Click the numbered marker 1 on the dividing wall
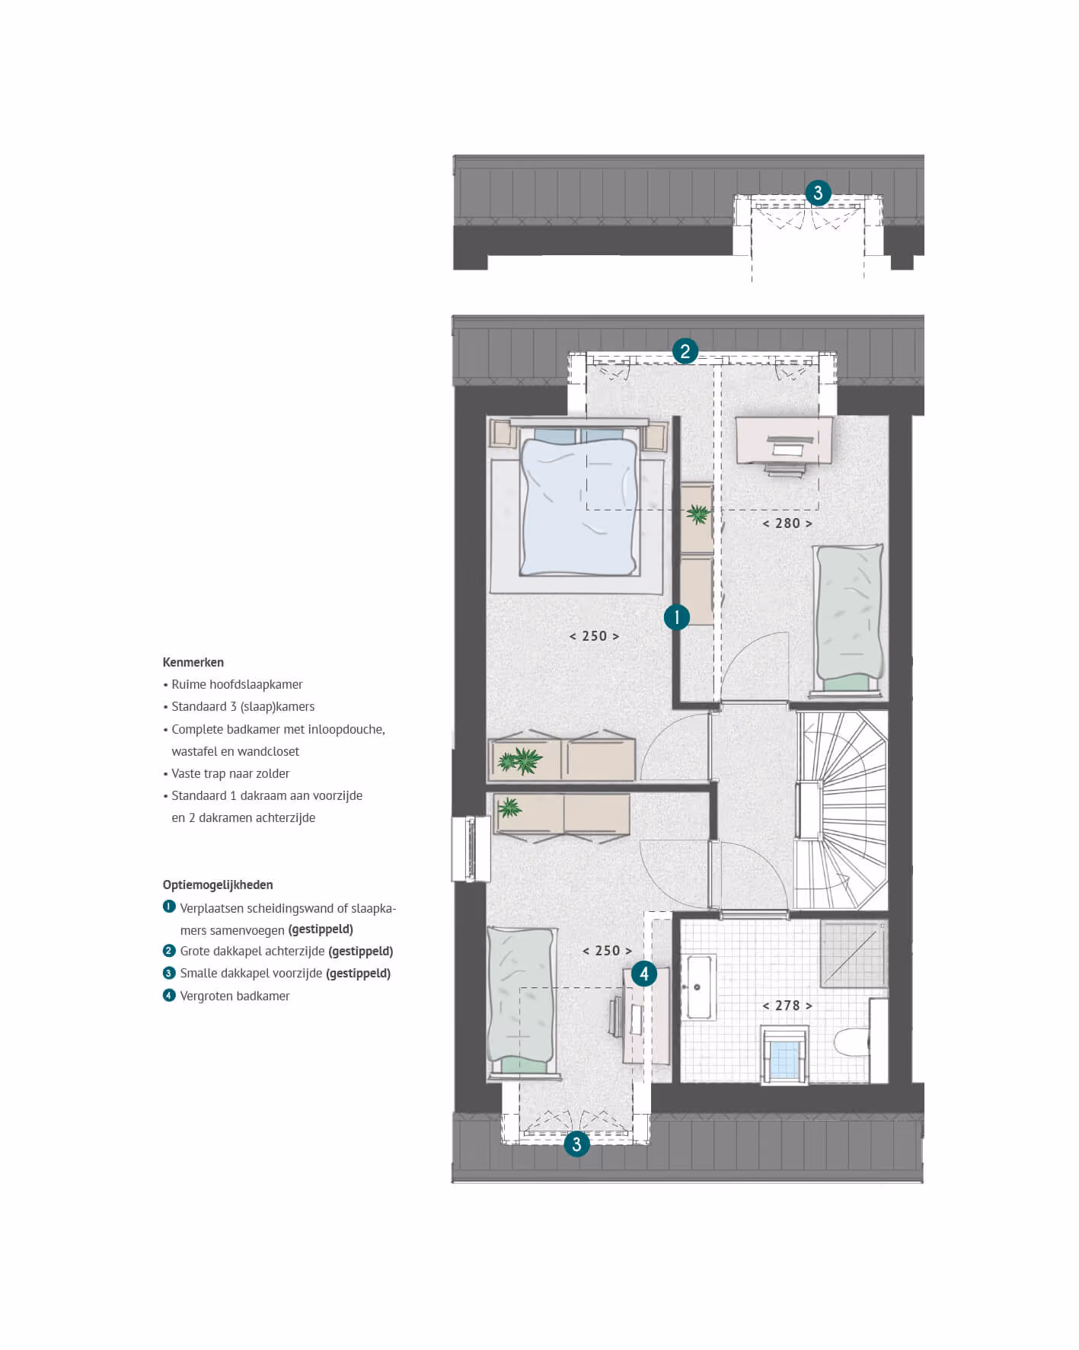click(676, 617)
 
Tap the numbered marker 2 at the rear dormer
click(685, 351)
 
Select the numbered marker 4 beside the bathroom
click(644, 974)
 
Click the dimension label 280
click(787, 523)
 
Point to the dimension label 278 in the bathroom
click(787, 1006)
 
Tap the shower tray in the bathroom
click(854, 954)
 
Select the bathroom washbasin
click(699, 987)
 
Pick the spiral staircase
click(841, 810)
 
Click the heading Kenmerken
click(193, 662)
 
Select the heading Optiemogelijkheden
click(218, 885)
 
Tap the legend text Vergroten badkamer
click(235, 996)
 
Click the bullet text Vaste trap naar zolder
click(230, 773)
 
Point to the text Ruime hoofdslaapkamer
click(237, 684)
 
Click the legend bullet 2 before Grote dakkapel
click(169, 951)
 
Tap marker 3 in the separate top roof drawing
click(818, 193)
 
